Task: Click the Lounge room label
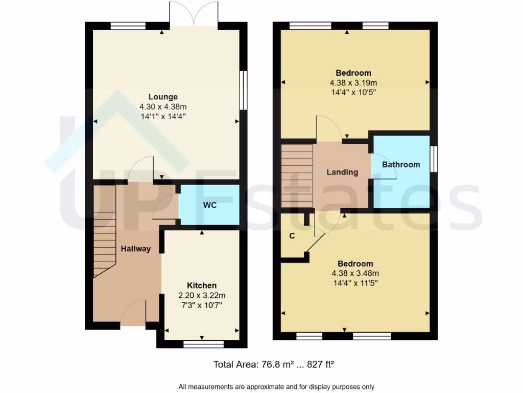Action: click(x=163, y=97)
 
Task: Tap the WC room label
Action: click(x=210, y=205)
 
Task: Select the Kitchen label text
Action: click(x=201, y=286)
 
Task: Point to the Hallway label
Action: click(x=136, y=249)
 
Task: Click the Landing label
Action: click(x=342, y=172)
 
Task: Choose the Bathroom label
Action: click(x=401, y=165)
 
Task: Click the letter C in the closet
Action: click(x=292, y=236)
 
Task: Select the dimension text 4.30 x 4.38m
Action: click(x=163, y=106)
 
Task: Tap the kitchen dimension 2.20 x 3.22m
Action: click(x=201, y=295)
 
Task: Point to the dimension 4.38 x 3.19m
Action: click(x=353, y=83)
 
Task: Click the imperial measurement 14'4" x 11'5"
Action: click(x=355, y=282)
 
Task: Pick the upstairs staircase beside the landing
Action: click(x=297, y=176)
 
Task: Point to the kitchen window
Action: click(x=203, y=344)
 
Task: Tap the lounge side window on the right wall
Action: click(x=244, y=90)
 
